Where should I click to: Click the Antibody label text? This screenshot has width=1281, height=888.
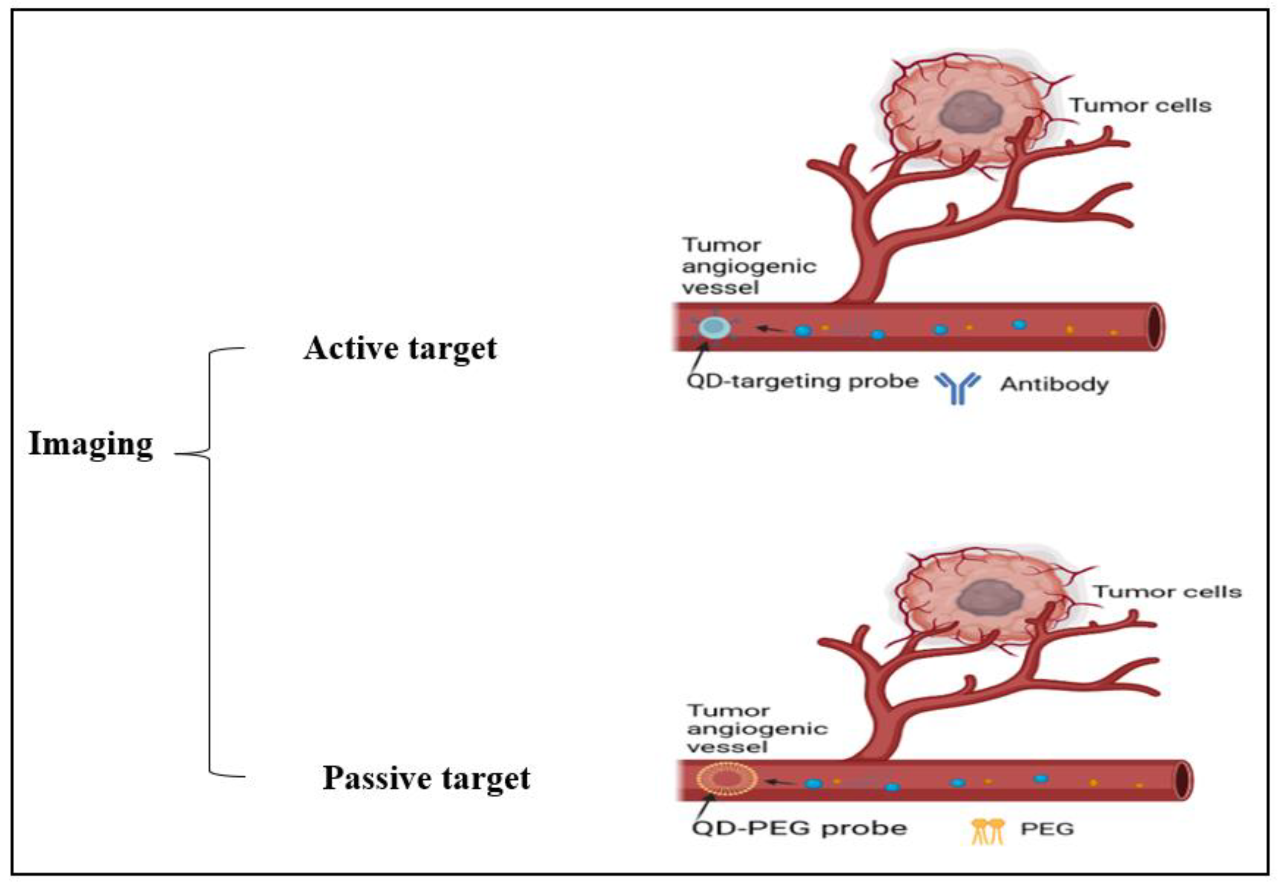click(x=1054, y=384)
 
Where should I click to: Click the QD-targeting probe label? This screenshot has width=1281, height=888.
click(x=802, y=382)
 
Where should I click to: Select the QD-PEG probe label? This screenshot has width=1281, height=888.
click(x=799, y=828)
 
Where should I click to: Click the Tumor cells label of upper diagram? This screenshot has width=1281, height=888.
click(x=1140, y=106)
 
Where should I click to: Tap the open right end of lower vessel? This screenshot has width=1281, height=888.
click(x=1182, y=780)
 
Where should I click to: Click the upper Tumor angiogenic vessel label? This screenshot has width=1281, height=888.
click(x=748, y=266)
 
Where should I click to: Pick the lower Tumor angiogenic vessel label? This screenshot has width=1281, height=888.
click(x=756, y=729)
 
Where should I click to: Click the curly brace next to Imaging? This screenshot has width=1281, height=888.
click(x=210, y=562)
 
